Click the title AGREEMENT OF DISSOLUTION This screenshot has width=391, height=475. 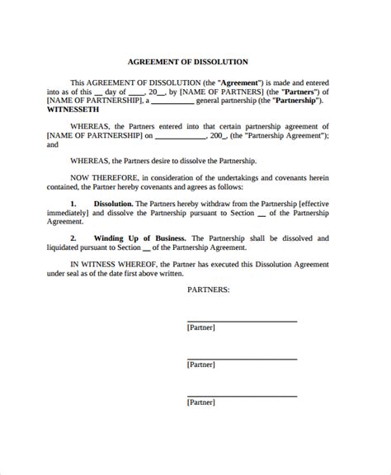(x=195, y=61)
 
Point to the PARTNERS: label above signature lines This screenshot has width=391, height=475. (x=208, y=289)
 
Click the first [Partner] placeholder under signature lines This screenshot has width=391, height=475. (x=201, y=327)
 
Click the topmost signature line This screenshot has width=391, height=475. (x=242, y=319)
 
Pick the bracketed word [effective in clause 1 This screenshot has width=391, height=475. (x=323, y=202)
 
